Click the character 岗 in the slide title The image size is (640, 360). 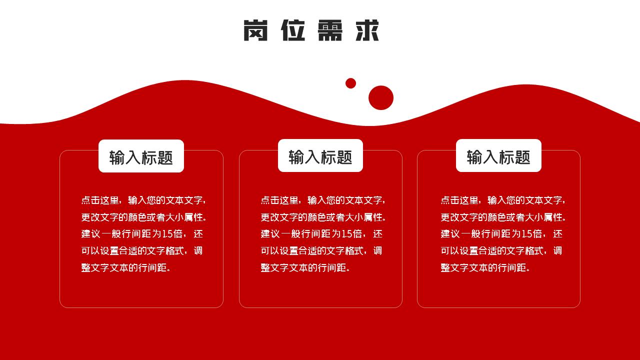pos(255,30)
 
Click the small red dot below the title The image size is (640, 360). pos(350,83)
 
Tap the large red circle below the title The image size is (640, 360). pos(381,97)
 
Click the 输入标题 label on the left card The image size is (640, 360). pos(141,157)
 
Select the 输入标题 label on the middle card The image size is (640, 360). pos(320,157)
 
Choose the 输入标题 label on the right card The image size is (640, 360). pos(498,157)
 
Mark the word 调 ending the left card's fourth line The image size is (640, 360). pos(198,251)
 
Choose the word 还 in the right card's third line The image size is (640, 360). pos(557,234)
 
